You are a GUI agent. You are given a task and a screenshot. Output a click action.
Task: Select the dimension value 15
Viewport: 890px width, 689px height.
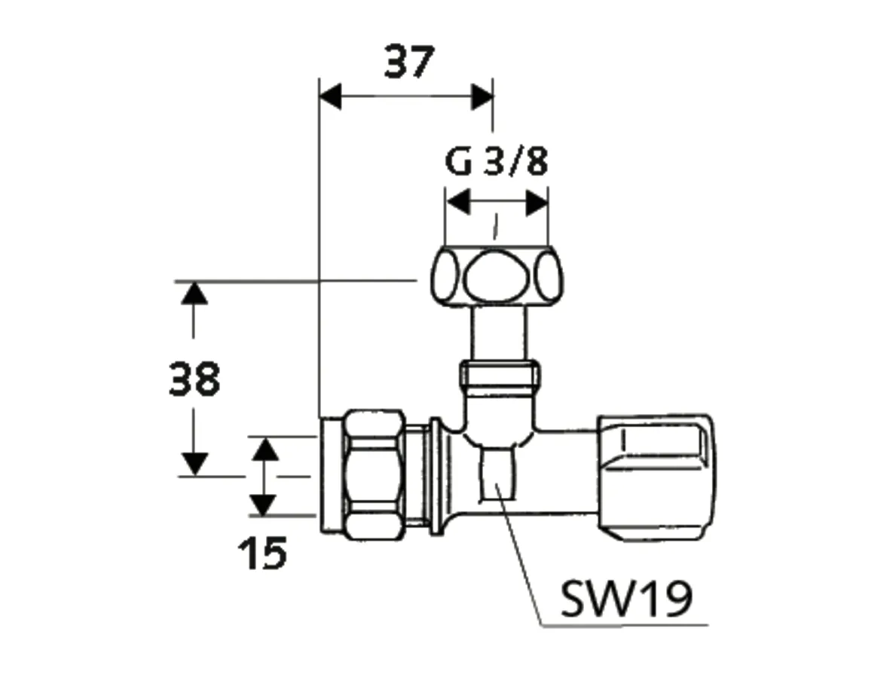tap(262, 555)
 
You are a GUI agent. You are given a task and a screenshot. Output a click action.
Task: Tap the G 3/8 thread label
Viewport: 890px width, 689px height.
tap(496, 163)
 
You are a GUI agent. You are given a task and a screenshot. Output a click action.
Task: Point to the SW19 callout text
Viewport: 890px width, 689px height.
tap(626, 599)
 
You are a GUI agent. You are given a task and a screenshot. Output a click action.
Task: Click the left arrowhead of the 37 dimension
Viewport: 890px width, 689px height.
tap(331, 97)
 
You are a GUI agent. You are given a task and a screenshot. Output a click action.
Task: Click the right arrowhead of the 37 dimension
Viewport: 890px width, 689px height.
tap(482, 97)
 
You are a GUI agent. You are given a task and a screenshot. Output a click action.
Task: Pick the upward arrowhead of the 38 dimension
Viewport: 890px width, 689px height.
tap(194, 293)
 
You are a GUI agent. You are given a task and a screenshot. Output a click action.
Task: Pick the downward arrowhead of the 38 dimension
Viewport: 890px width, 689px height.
tap(194, 463)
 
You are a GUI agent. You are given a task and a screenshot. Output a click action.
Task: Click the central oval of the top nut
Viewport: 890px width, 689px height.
tap(496, 276)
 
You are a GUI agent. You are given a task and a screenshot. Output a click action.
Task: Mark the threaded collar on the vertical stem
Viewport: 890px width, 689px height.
tap(499, 373)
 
